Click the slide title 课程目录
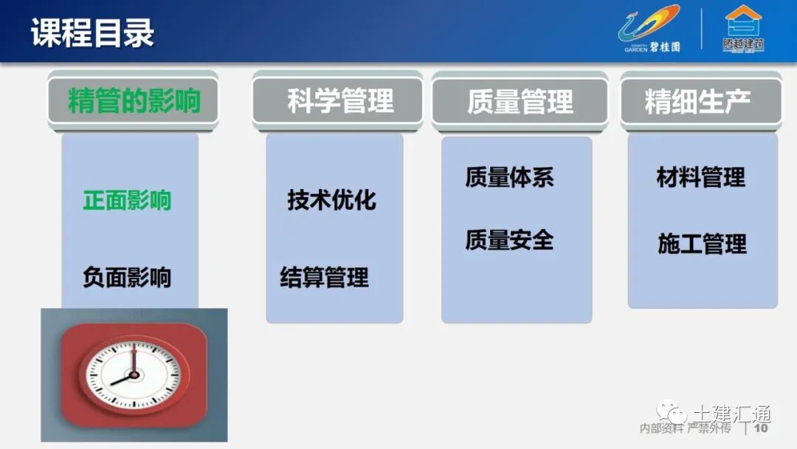coord(93,34)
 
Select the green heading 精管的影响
coord(134,101)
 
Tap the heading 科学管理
coord(340,101)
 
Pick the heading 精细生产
coord(698,101)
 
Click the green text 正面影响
coord(127,200)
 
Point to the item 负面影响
coord(127,278)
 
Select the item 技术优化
coord(332,200)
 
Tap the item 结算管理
coord(325,278)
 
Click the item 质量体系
coord(509,177)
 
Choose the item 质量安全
coord(509,240)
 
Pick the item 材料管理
coord(701,177)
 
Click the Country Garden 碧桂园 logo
coord(649,30)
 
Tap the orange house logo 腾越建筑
coord(743,30)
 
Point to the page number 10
coord(761,428)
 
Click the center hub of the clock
coord(134,374)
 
